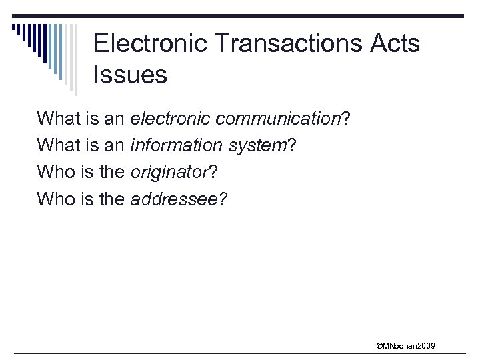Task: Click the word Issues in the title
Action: pos(131,75)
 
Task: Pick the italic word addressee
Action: pos(175,199)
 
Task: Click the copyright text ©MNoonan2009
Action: pos(406,345)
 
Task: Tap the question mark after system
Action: pos(291,145)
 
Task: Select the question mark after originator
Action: pos(213,172)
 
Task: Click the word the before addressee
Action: pos(111,199)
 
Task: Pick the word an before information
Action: pos(114,145)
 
